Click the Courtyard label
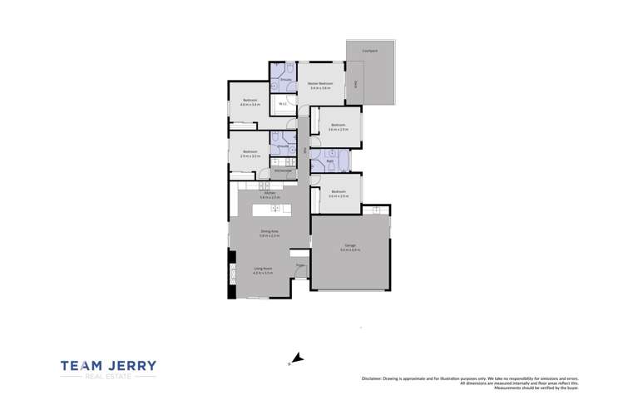click(x=369, y=52)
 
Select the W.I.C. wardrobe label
click(x=283, y=104)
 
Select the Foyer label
click(x=300, y=265)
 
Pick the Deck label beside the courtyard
click(x=355, y=84)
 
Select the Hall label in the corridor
click(x=306, y=150)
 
